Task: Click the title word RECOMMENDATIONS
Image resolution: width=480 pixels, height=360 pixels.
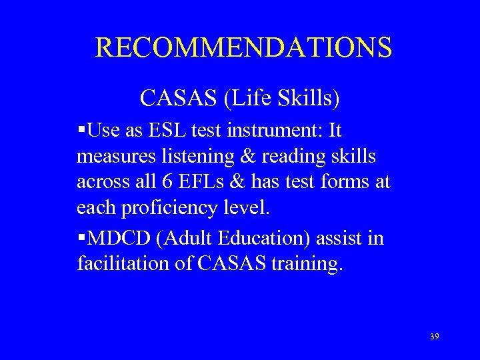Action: point(243,47)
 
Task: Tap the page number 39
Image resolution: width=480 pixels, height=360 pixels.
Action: point(435,337)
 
